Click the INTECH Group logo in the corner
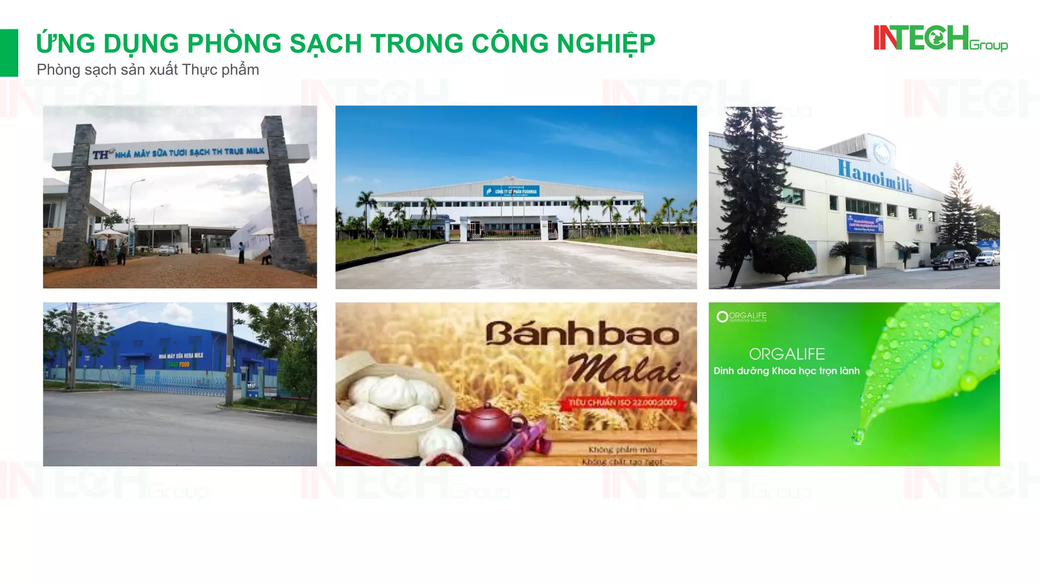pos(940,39)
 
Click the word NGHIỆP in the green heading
pos(606,44)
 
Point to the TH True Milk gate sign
pos(179,152)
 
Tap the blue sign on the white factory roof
pos(510,191)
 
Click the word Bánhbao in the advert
pos(582,334)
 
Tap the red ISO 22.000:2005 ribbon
pos(623,403)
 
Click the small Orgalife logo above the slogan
pos(741,317)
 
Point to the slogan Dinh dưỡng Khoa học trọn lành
pos(786,371)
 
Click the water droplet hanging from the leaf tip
pos(858,436)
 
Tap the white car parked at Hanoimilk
pos(987,258)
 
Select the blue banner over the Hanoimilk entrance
pos(864,223)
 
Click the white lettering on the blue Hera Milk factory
pos(181,355)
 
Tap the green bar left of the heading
pos(9,53)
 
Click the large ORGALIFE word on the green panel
pos(787,354)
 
